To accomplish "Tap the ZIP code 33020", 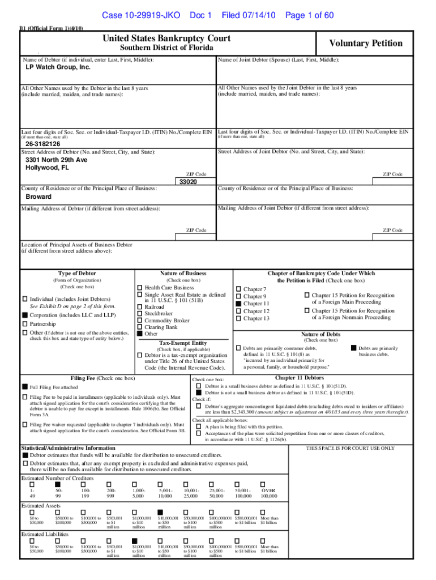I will pyautogui.click(x=188, y=182).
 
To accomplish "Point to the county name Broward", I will pyautogui.click(x=38, y=197).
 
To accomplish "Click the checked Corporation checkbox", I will pyautogui.click(x=25, y=314).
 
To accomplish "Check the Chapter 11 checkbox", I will pyautogui.click(x=238, y=304).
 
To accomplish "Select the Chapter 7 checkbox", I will pyautogui.click(x=238, y=289).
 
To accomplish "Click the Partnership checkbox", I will pyautogui.click(x=25, y=324).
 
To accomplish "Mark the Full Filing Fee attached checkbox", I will pyautogui.click(x=25, y=386).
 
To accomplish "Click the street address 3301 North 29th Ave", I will pyautogui.click(x=57, y=160).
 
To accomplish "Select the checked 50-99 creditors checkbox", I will pyautogui.click(x=57, y=484).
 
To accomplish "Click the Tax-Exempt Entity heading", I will pyautogui.click(x=183, y=343).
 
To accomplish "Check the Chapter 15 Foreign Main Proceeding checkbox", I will pyautogui.click(x=307, y=295).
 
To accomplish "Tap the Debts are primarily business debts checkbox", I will pyautogui.click(x=354, y=347).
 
